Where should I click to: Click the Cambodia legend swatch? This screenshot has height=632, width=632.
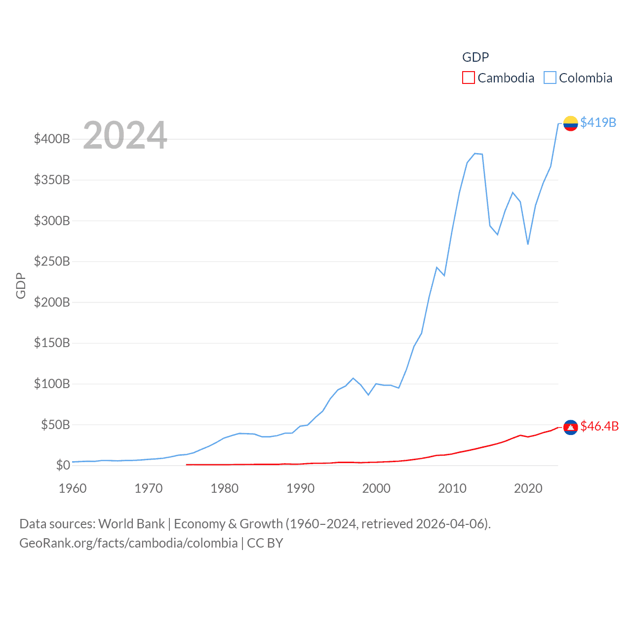coord(468,78)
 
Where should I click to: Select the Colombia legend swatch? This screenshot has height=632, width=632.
coord(550,78)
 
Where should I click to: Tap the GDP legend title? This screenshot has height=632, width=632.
coord(475,57)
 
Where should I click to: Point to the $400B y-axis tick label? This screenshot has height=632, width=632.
coord(52,139)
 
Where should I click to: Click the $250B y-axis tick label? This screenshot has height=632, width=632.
coord(52,261)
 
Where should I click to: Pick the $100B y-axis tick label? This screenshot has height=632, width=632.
coord(52,384)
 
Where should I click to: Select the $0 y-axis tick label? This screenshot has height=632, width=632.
coord(63,465)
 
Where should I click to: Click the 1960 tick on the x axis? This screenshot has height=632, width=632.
coord(73,488)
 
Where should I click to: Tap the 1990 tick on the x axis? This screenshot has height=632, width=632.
coord(300,488)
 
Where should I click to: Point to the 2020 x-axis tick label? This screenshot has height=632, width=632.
coord(528,488)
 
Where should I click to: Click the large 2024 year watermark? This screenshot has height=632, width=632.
coord(125,135)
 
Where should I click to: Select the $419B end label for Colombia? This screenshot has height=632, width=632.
coord(598,122)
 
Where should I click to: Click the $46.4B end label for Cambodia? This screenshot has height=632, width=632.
coord(599,426)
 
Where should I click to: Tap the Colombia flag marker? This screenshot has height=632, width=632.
coord(570,123)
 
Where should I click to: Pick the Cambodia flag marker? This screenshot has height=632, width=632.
coord(570,427)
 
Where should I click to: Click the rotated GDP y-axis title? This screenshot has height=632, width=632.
coord(21,285)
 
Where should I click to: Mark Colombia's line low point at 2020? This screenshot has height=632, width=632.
coord(528,244)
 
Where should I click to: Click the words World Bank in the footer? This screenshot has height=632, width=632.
coord(131,524)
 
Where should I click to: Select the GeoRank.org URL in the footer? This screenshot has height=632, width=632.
coord(128,543)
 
